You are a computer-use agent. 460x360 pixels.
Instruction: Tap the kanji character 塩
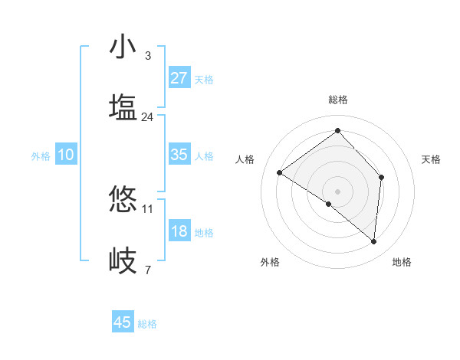(x=123, y=108)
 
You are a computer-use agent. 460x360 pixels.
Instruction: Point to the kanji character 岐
(x=123, y=260)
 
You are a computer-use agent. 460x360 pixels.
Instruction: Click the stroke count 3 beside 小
(x=147, y=56)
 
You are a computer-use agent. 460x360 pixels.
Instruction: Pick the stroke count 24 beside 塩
(x=147, y=117)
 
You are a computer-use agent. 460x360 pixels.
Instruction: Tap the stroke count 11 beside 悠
(x=148, y=208)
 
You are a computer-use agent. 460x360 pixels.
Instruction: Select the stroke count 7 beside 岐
(x=147, y=270)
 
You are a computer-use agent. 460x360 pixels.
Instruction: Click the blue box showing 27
(x=179, y=78)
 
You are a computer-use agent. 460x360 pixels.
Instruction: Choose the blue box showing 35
(x=179, y=155)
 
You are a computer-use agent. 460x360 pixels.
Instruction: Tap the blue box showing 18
(x=179, y=231)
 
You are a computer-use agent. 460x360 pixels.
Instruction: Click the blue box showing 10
(x=66, y=155)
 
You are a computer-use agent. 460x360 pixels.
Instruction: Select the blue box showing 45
(x=122, y=322)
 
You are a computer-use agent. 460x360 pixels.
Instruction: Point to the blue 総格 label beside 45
(x=148, y=324)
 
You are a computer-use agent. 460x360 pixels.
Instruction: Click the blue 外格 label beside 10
(x=41, y=156)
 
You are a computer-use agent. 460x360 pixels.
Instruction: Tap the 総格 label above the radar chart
(x=337, y=100)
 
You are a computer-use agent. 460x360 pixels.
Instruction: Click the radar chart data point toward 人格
(x=280, y=173)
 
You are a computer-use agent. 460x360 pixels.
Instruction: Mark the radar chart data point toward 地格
(x=373, y=241)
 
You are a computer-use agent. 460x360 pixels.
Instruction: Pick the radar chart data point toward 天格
(x=381, y=178)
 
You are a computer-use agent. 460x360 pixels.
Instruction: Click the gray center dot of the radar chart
(x=337, y=191)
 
